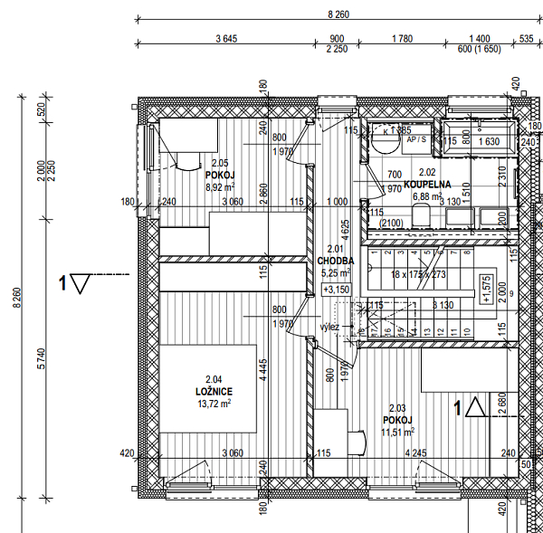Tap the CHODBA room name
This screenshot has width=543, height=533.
coord(335,260)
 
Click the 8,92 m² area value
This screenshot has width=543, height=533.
coord(220,187)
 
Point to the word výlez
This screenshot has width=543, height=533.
coord(329,327)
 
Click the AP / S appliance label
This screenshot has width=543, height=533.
coord(417,140)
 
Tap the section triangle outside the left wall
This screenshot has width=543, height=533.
coord(81,285)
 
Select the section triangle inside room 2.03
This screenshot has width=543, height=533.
coord(478,408)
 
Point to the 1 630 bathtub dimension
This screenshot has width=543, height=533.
coord(489,141)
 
